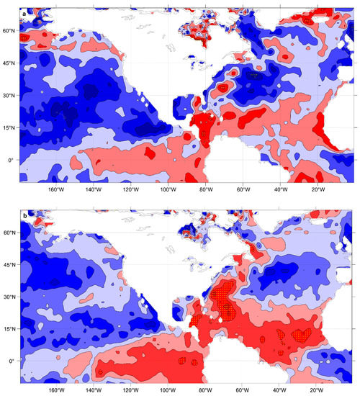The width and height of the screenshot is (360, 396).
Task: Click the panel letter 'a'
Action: coord(25,13)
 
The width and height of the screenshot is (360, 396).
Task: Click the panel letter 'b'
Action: coord(25,215)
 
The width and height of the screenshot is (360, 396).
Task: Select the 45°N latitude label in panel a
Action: coord(9,64)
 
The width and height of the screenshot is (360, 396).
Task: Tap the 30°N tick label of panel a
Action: coord(9,96)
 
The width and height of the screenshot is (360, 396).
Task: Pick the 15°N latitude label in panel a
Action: coord(9,128)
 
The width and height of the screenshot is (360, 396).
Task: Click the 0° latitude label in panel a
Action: coord(12,160)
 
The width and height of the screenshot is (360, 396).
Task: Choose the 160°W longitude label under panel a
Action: coord(55,191)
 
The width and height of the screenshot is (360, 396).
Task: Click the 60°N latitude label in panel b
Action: coord(9,233)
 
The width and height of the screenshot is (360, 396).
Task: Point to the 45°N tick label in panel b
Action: coord(9,266)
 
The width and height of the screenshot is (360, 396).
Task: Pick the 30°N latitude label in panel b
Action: coord(9,297)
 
